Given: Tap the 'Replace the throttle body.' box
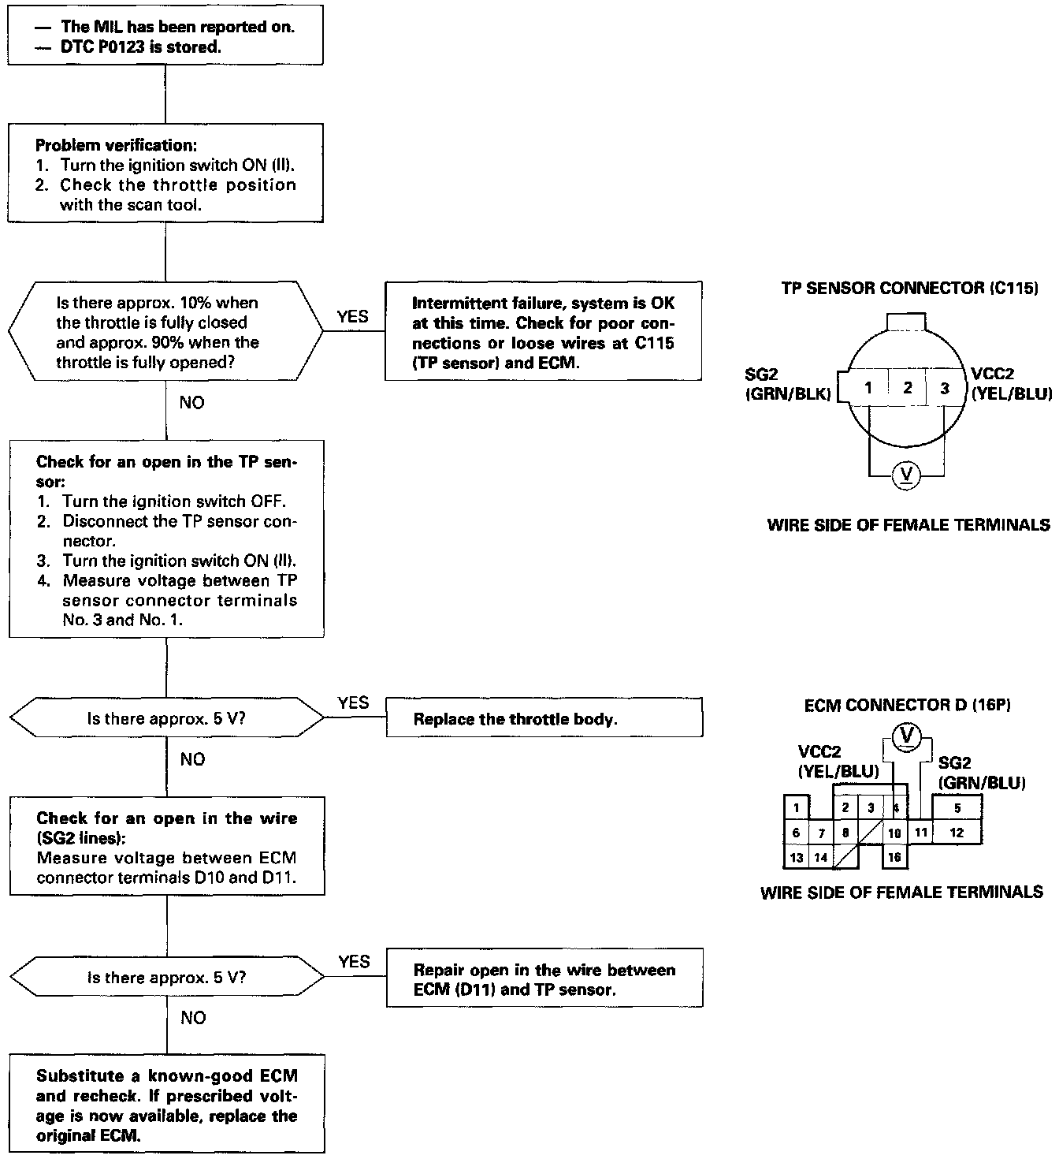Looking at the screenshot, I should (544, 718).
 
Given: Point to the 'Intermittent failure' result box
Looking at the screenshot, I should (543, 332).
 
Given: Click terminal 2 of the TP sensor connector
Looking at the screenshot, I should (908, 388).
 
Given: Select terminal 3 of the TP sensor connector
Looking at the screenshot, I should (944, 388).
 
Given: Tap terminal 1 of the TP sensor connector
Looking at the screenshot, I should (868, 388).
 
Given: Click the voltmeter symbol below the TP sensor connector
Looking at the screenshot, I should (906, 475).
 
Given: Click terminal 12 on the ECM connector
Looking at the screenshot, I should (957, 833).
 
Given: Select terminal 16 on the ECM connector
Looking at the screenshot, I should (894, 857).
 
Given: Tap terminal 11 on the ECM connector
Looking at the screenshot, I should (920, 833).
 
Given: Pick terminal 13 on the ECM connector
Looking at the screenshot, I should (797, 857).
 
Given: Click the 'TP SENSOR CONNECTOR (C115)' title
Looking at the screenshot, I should (909, 289).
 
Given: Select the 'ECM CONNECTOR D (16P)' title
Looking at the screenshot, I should (907, 706).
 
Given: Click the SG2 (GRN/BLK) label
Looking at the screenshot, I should (788, 386).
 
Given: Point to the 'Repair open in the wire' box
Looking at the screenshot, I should (544, 978).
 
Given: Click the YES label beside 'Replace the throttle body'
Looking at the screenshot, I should (353, 702).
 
